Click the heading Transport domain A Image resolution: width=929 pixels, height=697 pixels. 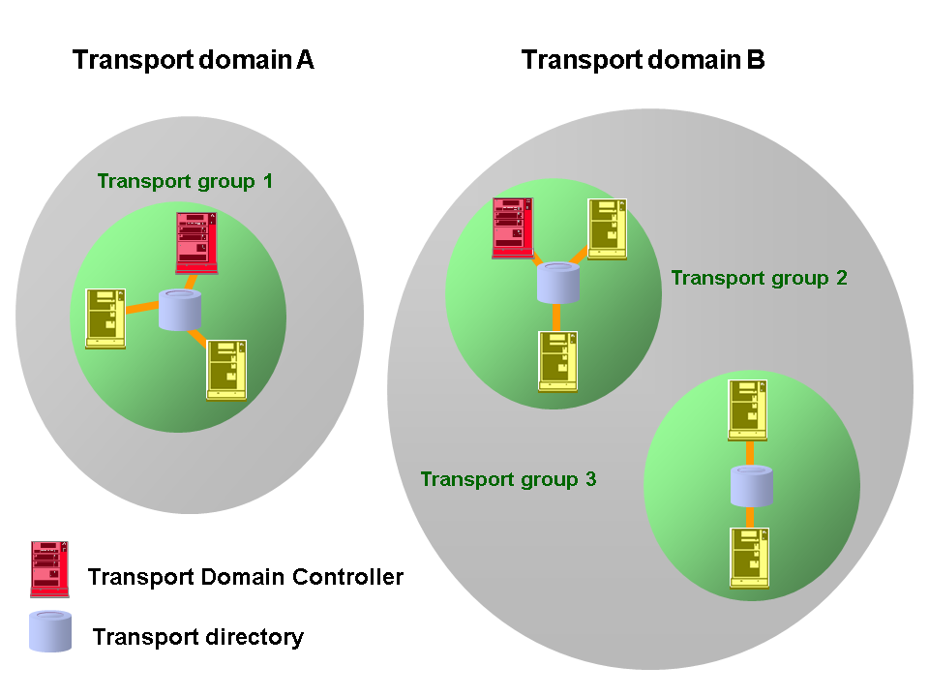[x=194, y=60]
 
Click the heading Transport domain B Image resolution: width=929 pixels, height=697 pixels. [x=644, y=60]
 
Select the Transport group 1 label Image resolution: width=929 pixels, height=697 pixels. [x=185, y=181]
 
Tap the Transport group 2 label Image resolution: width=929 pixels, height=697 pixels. [x=759, y=278]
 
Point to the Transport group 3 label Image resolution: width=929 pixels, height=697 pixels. [x=508, y=479]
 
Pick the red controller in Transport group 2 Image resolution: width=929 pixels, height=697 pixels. [x=513, y=228]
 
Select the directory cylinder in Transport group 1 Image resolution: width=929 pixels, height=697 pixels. [x=180, y=310]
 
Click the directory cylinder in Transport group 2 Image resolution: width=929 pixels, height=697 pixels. [x=558, y=282]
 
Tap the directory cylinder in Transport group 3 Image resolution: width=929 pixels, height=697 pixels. [x=752, y=486]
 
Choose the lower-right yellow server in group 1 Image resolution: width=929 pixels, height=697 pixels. [x=227, y=370]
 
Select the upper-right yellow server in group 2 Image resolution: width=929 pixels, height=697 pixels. [x=608, y=228]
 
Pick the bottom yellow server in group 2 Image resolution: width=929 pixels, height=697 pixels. [x=558, y=361]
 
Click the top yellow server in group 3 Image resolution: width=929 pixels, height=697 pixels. [x=749, y=410]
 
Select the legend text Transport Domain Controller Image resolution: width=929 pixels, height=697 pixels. [x=245, y=578]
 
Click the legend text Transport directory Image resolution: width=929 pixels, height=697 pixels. [x=198, y=637]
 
